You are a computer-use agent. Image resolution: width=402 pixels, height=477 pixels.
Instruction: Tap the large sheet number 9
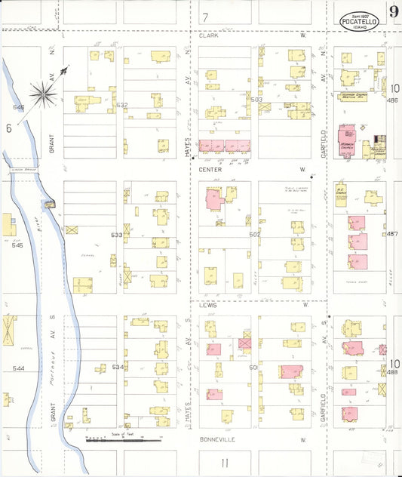tap(394, 11)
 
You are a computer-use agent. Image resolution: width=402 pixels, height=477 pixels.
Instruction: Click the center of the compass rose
tap(44, 94)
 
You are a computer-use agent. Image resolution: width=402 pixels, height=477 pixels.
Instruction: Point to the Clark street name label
tap(207, 35)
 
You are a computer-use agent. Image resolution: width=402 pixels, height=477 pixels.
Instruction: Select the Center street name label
tap(210, 170)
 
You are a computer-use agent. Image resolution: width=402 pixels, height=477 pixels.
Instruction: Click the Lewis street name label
tap(207, 306)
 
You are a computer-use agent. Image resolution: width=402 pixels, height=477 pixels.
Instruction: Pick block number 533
tap(117, 235)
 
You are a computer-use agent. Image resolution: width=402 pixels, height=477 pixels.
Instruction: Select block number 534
tap(117, 367)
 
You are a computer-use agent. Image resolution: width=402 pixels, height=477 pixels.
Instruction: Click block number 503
tap(256, 100)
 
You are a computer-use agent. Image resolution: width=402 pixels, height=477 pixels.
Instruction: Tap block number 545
tap(19, 245)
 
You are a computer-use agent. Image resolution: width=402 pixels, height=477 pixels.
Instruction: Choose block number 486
tap(391, 100)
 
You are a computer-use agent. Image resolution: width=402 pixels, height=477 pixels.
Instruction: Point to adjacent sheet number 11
tap(224, 461)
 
